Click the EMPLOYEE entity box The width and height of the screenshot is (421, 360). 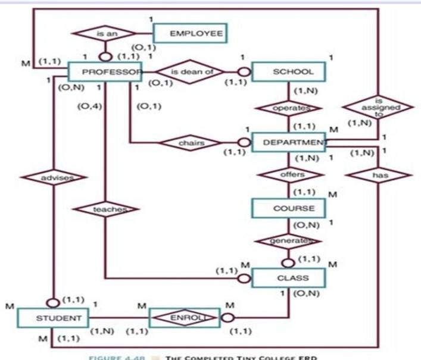pos(189,33)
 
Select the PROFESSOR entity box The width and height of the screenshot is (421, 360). pos(104,71)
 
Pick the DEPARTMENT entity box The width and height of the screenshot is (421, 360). pos(289,143)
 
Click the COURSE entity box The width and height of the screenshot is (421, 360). pos(289,208)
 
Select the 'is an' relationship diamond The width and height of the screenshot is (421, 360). pos(108,34)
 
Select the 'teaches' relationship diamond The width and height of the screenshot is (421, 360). pos(106,209)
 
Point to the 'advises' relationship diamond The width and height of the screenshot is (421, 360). pos(54,177)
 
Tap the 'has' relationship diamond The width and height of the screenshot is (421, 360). pos(379,176)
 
